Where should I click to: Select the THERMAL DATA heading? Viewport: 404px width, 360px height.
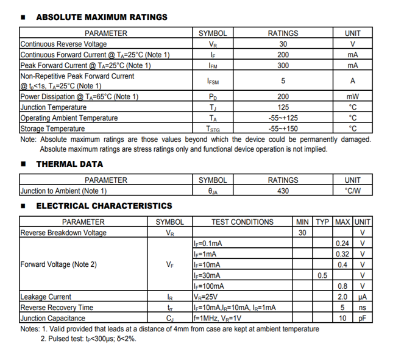(x=69, y=164)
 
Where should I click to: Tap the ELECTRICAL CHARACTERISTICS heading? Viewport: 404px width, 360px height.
(x=104, y=206)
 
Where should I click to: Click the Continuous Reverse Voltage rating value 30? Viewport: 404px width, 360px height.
(x=283, y=44)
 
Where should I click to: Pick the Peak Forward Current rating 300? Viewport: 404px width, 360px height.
(x=283, y=65)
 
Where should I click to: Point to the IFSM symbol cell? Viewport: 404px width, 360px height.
(x=212, y=81)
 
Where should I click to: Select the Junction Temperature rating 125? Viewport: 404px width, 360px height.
(x=283, y=107)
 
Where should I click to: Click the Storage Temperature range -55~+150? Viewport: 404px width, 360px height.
(x=283, y=129)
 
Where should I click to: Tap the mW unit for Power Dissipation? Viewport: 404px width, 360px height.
(x=352, y=97)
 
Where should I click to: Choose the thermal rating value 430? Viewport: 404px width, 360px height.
(x=283, y=191)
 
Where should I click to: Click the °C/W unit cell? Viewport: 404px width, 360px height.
(x=352, y=191)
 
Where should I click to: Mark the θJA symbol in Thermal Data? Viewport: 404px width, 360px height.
(x=212, y=191)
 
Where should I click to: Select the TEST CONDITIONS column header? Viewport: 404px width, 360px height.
(x=242, y=222)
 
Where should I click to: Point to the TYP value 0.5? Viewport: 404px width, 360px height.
(x=322, y=275)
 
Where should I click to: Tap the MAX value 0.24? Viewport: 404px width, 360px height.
(x=342, y=244)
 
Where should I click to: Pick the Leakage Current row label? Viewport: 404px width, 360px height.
(x=46, y=297)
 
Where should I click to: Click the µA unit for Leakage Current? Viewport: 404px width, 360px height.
(x=363, y=297)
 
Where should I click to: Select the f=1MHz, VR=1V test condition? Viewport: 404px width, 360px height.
(x=217, y=318)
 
